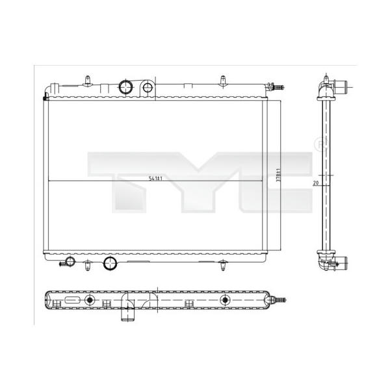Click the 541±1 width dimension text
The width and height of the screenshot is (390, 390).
tap(155, 178)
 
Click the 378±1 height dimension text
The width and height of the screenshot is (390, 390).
tap(279, 175)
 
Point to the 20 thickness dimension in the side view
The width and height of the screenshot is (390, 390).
tap(316, 183)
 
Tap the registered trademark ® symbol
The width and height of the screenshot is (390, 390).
tap(321, 144)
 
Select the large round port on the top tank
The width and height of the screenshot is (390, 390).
tap(125, 87)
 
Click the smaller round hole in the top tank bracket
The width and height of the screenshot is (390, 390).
tap(148, 88)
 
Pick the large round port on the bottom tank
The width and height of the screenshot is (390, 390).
tap(110, 263)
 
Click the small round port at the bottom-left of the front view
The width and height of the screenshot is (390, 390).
tap(70, 261)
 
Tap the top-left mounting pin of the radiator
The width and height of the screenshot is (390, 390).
tap(88, 81)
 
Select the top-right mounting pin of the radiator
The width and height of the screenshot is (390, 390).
tap(223, 81)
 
